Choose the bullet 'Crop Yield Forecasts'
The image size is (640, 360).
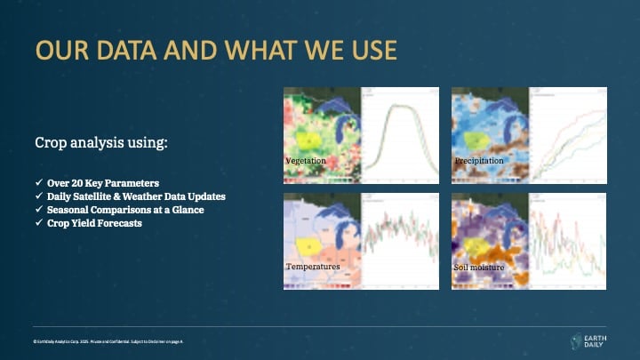coord(95,223)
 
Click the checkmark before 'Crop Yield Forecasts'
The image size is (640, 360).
coord(38,223)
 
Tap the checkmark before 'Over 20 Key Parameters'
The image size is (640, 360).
coord(38,182)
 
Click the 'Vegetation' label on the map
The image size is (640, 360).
coord(306,161)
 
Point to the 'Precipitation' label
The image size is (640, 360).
coord(479,161)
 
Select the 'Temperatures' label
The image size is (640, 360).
coord(312,266)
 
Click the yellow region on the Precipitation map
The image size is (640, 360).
coord(476,140)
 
